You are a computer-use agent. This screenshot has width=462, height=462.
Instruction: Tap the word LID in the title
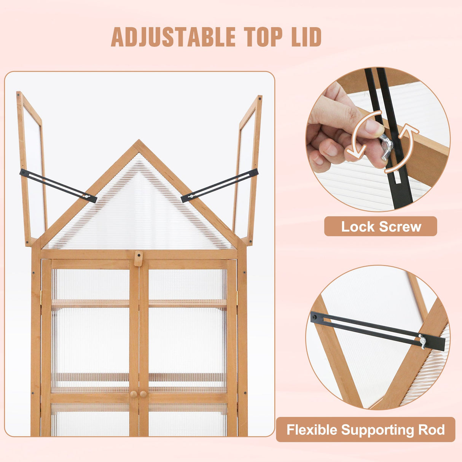[x=304, y=37]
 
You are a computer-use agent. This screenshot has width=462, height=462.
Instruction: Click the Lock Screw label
[x=381, y=227]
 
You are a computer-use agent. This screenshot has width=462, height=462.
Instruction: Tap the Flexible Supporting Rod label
[x=365, y=430]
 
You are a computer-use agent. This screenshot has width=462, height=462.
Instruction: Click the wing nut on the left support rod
[x=87, y=197]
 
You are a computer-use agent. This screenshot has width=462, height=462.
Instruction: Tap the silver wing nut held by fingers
[x=386, y=147]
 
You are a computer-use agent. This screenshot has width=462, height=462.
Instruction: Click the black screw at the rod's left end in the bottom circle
[x=315, y=317]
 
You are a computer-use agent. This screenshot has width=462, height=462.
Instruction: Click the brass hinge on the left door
[x=41, y=298]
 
